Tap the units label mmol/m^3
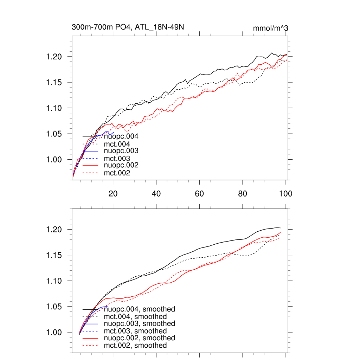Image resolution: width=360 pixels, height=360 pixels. (271, 28)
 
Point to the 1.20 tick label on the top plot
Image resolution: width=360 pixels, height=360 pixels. (54, 57)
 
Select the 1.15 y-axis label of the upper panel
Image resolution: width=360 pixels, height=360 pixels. (54, 83)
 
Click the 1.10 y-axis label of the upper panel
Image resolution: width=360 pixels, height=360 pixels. (54, 108)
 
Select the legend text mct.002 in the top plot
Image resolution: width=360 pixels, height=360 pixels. (117, 173)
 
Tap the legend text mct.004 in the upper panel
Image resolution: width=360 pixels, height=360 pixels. (117, 144)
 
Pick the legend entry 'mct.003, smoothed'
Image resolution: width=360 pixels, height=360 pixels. (135, 331)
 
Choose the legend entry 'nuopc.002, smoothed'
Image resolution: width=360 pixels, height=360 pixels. (140, 338)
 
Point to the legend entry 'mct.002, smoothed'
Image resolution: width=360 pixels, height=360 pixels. (135, 346)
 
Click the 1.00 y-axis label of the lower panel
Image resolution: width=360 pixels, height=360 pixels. (54, 333)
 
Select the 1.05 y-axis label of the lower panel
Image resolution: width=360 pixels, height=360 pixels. (54, 307)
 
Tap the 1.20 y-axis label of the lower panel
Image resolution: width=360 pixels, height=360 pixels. (54, 230)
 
